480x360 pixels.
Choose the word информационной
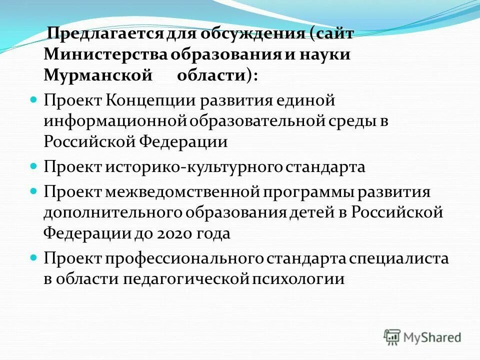tap(115, 121)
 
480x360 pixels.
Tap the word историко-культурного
tap(194, 166)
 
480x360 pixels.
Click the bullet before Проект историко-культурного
tap(34, 164)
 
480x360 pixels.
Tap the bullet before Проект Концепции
tap(34, 98)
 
